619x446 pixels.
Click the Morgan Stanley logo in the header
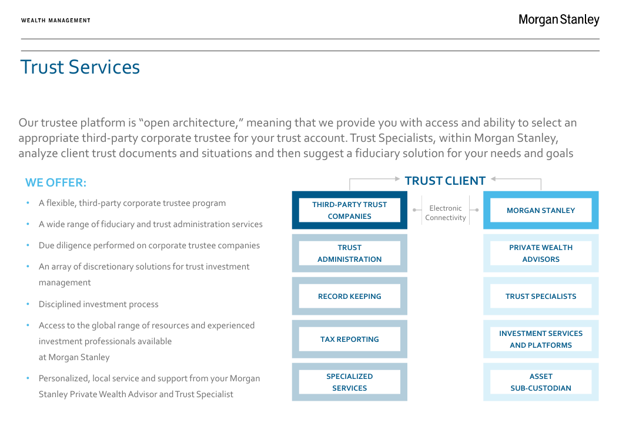pyautogui.click(x=558, y=20)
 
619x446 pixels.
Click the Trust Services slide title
pyautogui.click(x=80, y=67)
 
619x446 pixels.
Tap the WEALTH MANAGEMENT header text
pyautogui.click(x=56, y=21)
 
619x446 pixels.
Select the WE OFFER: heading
pyautogui.click(x=56, y=182)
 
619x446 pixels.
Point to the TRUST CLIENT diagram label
pyautogui.click(x=445, y=181)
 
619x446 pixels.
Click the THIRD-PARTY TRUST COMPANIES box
pyautogui.click(x=349, y=210)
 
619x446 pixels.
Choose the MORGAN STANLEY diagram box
pyautogui.click(x=541, y=210)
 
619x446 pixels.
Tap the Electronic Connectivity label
pyautogui.click(x=446, y=213)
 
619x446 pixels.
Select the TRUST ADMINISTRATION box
pyautogui.click(x=349, y=253)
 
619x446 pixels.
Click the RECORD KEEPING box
pyautogui.click(x=349, y=296)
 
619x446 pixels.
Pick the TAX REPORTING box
pyautogui.click(x=349, y=339)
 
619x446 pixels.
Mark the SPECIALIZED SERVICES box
pyautogui.click(x=349, y=382)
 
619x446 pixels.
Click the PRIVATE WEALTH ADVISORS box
pyautogui.click(x=541, y=253)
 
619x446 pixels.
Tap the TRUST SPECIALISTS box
pyautogui.click(x=541, y=296)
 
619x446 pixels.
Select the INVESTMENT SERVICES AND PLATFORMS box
pyautogui.click(x=541, y=339)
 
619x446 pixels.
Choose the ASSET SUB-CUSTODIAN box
pyautogui.click(x=541, y=382)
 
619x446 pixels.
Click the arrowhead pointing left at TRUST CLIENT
pyautogui.click(x=494, y=179)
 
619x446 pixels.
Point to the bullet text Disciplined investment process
pyautogui.click(x=98, y=304)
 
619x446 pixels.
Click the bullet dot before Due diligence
pyautogui.click(x=28, y=245)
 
